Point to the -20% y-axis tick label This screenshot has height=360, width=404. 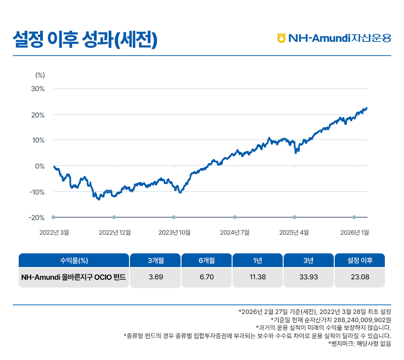(x=36, y=217)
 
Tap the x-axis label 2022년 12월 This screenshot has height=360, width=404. (x=114, y=232)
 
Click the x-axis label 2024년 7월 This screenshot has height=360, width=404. (x=234, y=232)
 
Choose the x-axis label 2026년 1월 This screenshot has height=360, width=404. (x=354, y=232)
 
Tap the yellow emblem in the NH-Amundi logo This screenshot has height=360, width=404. (x=281, y=38)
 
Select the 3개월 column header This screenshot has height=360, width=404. (x=155, y=260)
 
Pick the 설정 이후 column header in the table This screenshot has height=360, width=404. (x=360, y=260)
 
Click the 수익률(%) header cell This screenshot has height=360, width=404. (x=74, y=260)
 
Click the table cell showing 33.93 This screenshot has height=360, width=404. (x=309, y=277)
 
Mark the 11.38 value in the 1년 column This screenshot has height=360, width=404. (x=258, y=277)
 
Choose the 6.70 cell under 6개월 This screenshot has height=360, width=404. (x=207, y=277)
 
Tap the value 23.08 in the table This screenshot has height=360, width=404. (x=360, y=277)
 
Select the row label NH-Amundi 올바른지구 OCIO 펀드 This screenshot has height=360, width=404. (x=73, y=277)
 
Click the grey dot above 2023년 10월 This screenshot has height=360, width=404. (x=174, y=217)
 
